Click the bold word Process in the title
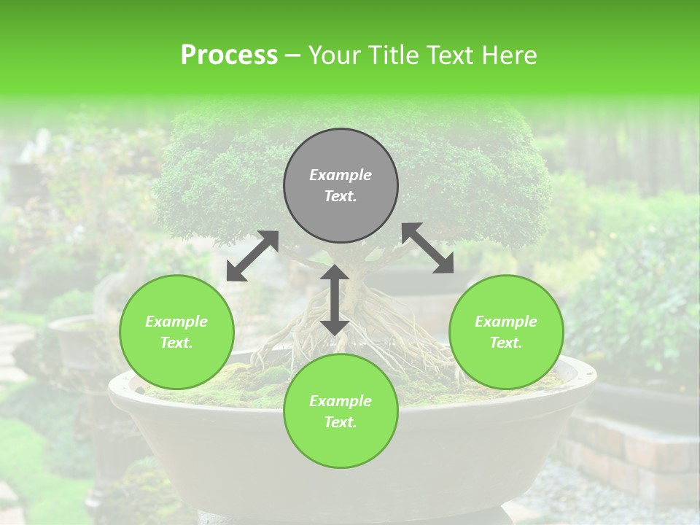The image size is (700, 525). pyautogui.click(x=229, y=55)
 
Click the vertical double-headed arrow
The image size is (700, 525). pyautogui.click(x=335, y=300)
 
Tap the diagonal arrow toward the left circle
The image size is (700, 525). pyautogui.click(x=252, y=256)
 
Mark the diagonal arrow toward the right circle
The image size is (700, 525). pyautogui.click(x=427, y=248)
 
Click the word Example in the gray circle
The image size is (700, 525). pyautogui.click(x=341, y=175)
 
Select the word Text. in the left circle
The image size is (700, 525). pyautogui.click(x=176, y=343)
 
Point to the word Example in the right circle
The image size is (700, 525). pyautogui.click(x=506, y=322)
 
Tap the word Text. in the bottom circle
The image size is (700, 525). pyautogui.click(x=341, y=422)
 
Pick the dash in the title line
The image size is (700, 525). pyautogui.click(x=293, y=55)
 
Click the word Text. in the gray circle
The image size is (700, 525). pyautogui.click(x=341, y=196)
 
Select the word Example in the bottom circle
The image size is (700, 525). pyautogui.click(x=341, y=401)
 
